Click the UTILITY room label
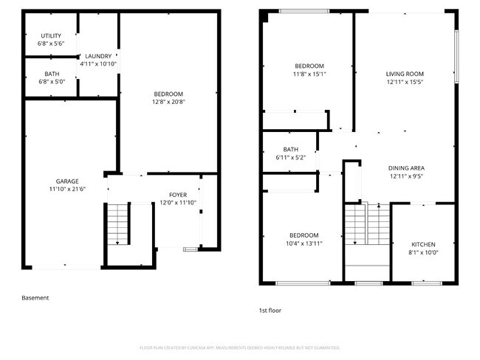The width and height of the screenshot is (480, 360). (51, 36)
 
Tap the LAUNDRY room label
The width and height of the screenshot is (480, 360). (98, 56)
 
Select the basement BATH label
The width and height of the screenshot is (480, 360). (52, 74)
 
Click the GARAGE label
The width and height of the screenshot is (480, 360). (67, 181)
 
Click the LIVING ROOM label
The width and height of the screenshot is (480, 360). (404, 74)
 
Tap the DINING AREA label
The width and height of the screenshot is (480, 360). (406, 168)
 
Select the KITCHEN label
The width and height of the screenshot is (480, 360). (423, 244)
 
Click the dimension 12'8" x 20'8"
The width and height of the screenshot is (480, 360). (168, 102)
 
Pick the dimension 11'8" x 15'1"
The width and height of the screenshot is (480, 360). (309, 74)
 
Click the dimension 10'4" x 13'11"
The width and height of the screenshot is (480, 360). (303, 243)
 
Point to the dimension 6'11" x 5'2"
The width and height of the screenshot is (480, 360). (290, 157)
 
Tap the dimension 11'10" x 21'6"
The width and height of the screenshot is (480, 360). (67, 190)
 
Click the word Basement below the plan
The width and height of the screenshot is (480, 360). (35, 298)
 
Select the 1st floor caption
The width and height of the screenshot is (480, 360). (270, 311)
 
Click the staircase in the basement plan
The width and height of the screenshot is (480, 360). (118, 224)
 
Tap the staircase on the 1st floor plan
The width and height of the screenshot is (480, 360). (366, 225)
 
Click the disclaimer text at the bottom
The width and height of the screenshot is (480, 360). (239, 347)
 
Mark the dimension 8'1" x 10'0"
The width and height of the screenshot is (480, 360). (423, 252)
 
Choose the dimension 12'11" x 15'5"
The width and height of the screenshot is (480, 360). (404, 82)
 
